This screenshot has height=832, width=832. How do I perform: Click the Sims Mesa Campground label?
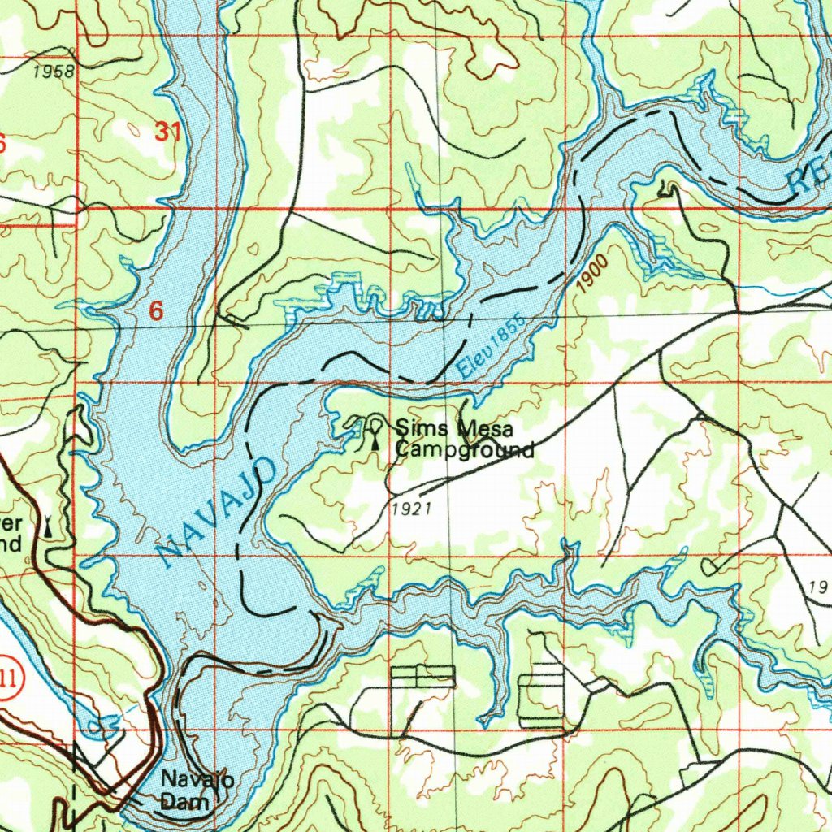pyautogui.click(x=463, y=438)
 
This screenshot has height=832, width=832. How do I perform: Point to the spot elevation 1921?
pyautogui.click(x=409, y=509)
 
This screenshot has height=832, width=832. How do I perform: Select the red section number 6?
pyautogui.click(x=157, y=310)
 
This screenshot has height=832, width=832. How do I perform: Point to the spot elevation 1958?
pyautogui.click(x=54, y=71)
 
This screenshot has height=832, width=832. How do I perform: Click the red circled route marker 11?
pyautogui.click(x=8, y=678)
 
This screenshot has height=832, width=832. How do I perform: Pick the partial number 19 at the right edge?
pyautogui.click(x=819, y=586)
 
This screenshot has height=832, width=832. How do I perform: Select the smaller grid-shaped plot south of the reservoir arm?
pyautogui.click(x=423, y=676)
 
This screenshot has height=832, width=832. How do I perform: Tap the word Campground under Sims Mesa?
pyautogui.click(x=464, y=449)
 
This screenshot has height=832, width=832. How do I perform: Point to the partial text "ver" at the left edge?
pyautogui.click(x=10, y=522)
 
